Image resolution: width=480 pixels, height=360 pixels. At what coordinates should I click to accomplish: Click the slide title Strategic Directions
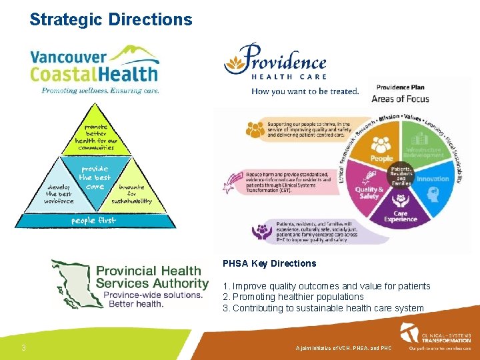pos(111,19)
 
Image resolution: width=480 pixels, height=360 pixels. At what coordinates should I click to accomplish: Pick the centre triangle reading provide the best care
pos(94,175)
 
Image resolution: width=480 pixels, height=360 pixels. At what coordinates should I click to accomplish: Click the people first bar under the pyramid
pos(94,220)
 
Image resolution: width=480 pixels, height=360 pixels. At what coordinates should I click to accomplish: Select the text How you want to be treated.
pos(305,91)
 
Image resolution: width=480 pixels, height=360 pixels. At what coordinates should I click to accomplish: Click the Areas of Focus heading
pos(400,99)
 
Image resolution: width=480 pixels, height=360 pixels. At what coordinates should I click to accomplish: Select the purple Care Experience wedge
pos(401,213)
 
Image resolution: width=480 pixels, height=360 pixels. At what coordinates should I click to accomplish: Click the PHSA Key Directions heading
pos(269,263)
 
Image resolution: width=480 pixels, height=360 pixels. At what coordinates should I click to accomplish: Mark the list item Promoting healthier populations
pos(293,297)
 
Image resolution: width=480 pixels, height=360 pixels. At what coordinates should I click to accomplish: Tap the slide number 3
pos(23,347)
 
